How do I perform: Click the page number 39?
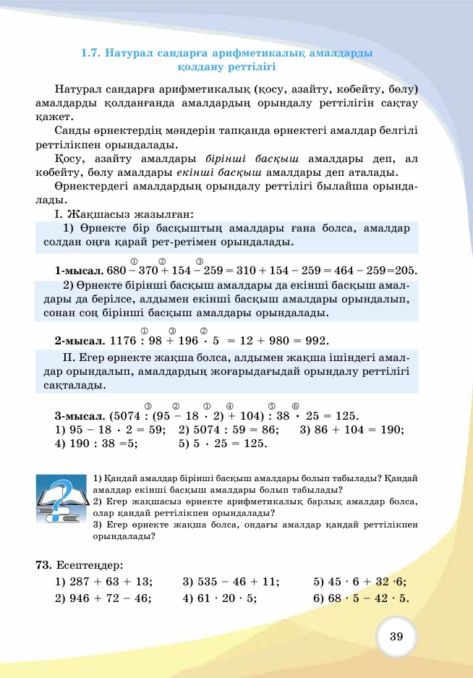[396, 637]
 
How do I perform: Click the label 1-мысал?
[78, 271]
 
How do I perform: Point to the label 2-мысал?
[78, 340]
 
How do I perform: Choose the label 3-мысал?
[78, 416]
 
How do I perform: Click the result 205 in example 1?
[406, 271]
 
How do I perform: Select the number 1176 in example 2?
[122, 340]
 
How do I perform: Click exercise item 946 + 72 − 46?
[103, 598]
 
